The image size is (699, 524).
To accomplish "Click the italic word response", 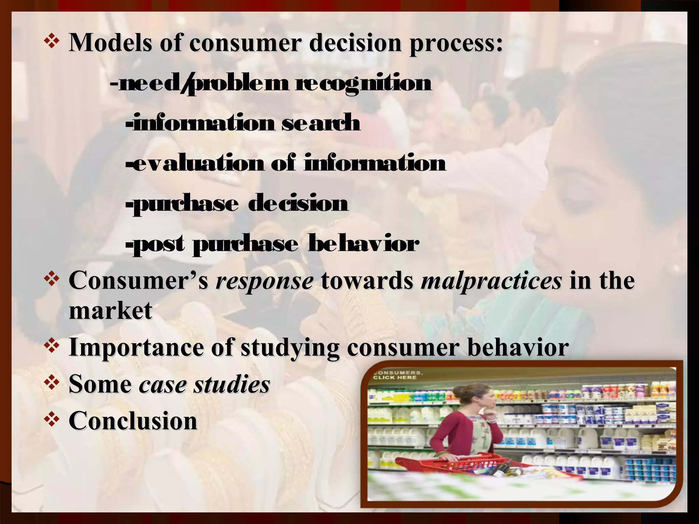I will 264,281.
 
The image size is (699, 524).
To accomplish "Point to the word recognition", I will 363,83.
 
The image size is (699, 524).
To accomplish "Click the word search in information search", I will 321,123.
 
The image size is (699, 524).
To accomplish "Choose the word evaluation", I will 198,163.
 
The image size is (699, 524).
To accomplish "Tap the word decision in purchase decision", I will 298,204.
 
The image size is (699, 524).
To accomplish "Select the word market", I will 110,310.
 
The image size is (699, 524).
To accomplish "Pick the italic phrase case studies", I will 204,384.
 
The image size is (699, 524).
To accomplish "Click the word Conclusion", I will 133,420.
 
